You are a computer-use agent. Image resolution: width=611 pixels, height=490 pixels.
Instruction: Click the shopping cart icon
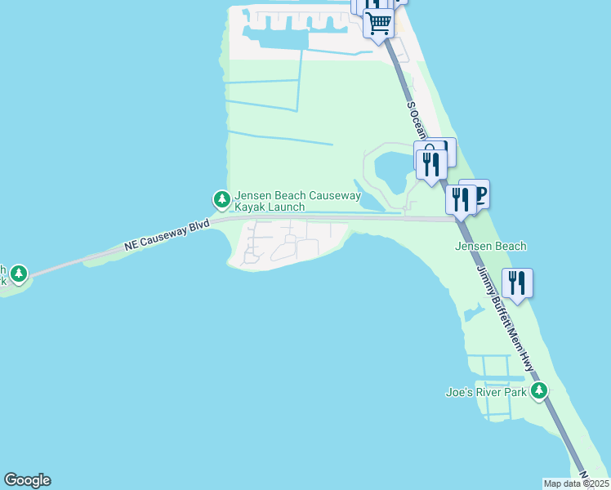point(379,22)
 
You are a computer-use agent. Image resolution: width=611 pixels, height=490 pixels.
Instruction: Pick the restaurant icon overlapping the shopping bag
point(429,161)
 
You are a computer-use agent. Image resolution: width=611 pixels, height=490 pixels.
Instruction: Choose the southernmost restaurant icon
point(517,283)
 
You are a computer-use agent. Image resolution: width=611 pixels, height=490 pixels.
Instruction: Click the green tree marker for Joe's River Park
point(538,391)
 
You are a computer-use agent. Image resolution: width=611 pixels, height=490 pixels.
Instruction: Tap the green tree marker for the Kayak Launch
point(221,198)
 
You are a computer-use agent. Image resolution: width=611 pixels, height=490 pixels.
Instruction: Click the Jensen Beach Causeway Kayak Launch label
point(297,201)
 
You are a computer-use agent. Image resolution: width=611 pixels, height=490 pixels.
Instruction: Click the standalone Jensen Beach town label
point(490,246)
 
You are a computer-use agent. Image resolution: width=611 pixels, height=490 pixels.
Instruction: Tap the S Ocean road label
point(417,119)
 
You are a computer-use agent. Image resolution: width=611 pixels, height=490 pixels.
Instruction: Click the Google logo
point(27,480)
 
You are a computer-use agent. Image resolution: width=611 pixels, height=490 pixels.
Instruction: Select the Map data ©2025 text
point(576,483)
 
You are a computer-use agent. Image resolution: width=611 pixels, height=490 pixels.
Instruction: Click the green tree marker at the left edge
point(18,274)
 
